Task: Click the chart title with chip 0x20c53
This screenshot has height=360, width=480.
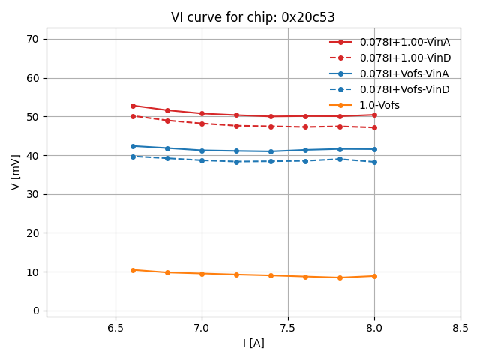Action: point(253,17)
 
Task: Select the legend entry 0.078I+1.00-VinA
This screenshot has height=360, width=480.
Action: point(404,43)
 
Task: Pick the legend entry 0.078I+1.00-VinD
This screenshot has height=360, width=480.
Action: point(404,58)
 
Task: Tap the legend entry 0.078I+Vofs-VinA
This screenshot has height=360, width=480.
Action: point(404,73)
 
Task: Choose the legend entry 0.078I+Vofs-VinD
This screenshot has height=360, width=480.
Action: point(404,89)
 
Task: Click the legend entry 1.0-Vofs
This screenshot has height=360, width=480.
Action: point(379,105)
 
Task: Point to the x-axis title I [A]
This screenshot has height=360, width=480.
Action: point(253,343)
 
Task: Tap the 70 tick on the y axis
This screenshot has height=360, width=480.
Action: point(32,39)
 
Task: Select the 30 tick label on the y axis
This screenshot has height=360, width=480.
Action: point(32,194)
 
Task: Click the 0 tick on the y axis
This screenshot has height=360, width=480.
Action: point(35,310)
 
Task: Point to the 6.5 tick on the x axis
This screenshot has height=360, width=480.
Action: point(115,328)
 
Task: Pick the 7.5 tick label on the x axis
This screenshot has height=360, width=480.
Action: point(288,328)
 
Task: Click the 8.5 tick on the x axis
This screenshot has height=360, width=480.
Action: point(460,328)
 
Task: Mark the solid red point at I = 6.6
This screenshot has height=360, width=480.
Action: point(133,106)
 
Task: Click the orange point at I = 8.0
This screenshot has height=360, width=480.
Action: point(374,276)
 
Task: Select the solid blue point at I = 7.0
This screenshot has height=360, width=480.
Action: point(202,150)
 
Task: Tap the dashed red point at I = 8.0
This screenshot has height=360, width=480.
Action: point(374,127)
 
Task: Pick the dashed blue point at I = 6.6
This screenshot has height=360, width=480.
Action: point(133,157)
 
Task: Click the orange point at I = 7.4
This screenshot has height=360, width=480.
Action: point(271,275)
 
